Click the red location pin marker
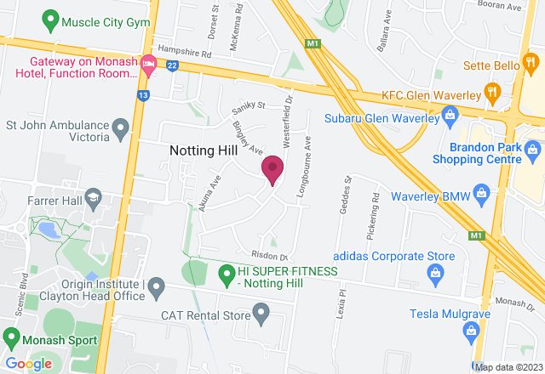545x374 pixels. [272, 169]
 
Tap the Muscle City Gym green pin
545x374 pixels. [50, 18]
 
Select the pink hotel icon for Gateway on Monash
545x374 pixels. [148, 63]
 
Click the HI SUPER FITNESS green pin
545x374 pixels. [227, 274]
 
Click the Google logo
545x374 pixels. [28, 364]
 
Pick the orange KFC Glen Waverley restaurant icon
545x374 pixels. [491, 92]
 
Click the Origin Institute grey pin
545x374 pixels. [156, 290]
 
